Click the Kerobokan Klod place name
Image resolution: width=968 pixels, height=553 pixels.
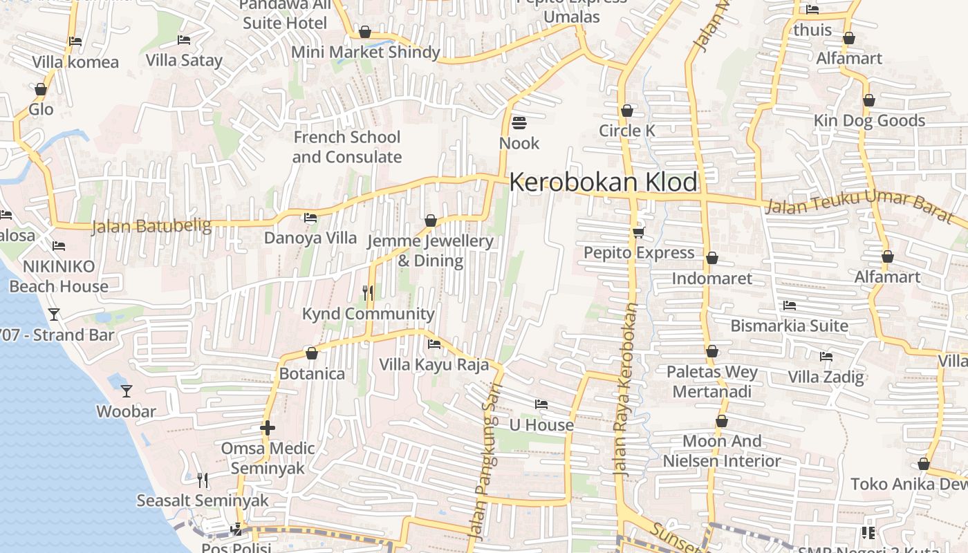pos(603,182)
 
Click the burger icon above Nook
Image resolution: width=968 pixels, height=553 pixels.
pos(519,123)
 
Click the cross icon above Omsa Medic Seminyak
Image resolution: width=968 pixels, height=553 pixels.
pos(268,428)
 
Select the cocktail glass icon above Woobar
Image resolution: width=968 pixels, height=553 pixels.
pos(126,391)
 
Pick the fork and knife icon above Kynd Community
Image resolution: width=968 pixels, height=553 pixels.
pos(368,293)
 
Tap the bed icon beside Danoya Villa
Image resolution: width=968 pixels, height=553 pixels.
pos(310,218)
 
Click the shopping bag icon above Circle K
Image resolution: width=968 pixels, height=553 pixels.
pos(627,111)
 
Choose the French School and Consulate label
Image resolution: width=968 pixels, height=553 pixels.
pos(346,147)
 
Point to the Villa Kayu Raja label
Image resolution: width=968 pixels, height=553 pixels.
pos(434,364)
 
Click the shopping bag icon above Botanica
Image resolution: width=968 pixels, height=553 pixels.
pos(312,354)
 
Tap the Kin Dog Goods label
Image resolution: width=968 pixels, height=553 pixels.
pos(869,120)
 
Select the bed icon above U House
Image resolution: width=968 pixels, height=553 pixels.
pos(541,404)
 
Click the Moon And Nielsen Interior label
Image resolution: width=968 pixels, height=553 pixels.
pos(722,451)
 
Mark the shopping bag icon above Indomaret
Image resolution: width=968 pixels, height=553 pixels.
pos(712,259)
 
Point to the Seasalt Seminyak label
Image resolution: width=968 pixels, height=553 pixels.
pos(203,500)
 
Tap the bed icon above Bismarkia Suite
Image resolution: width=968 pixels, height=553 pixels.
pos(790,306)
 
